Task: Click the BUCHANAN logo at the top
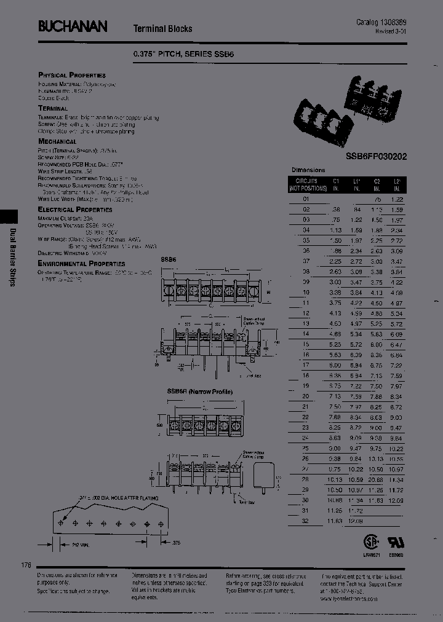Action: click(73, 26)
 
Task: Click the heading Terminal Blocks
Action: click(163, 28)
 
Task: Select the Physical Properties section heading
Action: click(72, 75)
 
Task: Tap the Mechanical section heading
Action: click(57, 141)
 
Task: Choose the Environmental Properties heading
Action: click(81, 264)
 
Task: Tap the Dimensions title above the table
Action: click(308, 170)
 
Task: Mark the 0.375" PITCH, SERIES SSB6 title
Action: click(184, 54)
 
